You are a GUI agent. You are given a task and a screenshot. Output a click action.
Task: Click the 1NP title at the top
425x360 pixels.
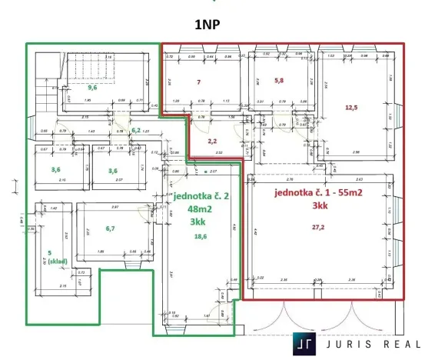tap(212, 24)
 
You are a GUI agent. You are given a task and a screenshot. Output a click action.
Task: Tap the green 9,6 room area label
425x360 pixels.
tap(91, 88)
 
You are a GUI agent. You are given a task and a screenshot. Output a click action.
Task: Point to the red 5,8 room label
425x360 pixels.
tap(281, 80)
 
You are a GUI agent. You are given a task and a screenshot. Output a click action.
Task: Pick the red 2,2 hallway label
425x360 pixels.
tap(214, 141)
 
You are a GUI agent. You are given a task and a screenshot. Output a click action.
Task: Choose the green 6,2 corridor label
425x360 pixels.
tap(135, 131)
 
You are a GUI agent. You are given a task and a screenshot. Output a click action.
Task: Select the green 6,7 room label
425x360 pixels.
tap(109, 228)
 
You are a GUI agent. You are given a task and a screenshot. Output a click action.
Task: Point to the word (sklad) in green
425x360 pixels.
tap(56, 261)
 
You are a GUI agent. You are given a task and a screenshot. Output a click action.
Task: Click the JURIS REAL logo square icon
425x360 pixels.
tap(307, 343)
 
